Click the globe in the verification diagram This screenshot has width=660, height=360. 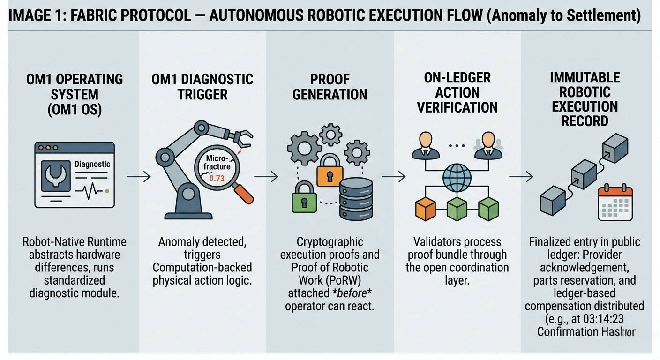[x=457, y=177]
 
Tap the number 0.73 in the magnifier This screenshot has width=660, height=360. [x=217, y=179]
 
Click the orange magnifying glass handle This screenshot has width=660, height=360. [x=243, y=194]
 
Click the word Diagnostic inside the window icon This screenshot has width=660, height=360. [x=92, y=164]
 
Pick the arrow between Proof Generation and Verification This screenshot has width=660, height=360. [x=393, y=177]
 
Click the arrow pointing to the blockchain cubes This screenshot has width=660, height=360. [x=521, y=177]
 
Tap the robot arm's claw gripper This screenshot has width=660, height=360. [x=242, y=136]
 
